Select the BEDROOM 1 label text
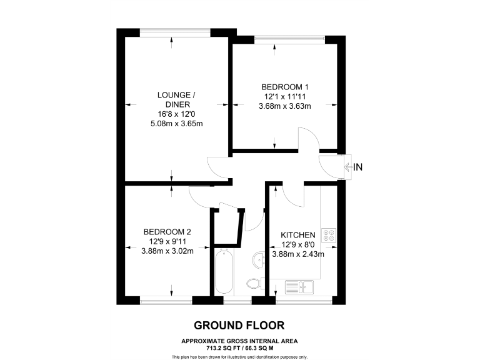285,87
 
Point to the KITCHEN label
297,235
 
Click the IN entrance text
359,167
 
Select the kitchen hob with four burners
329,235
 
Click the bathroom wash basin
258,257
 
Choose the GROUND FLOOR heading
239,326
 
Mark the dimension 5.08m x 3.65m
177,124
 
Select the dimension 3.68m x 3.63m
285,106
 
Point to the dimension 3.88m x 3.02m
167,251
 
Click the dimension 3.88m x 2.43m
297,254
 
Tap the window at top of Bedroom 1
289,39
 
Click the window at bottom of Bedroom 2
166,301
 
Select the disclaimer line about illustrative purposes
239,357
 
